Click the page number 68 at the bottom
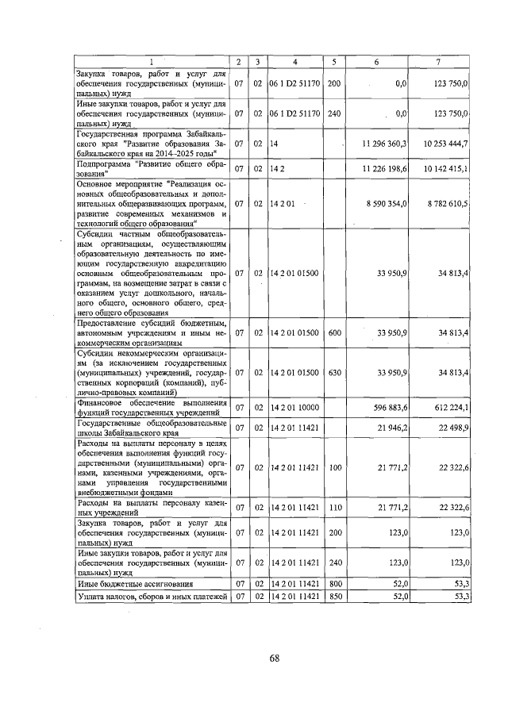point(275,658)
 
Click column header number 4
point(294,62)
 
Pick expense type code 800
point(334,583)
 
